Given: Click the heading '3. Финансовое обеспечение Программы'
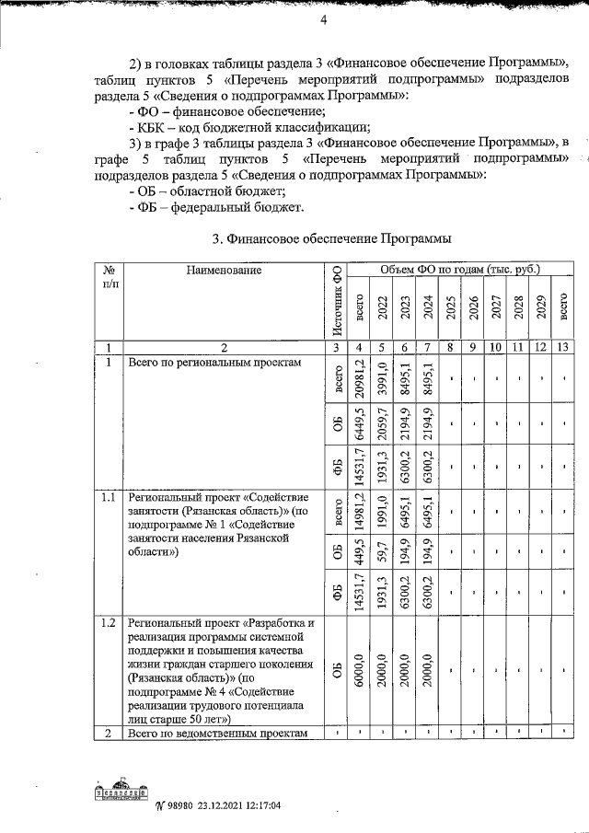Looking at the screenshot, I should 331,239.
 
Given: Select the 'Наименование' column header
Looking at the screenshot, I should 224,270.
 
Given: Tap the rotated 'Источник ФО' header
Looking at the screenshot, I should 336,300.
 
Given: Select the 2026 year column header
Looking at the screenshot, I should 473,307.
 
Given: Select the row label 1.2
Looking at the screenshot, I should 109,623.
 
